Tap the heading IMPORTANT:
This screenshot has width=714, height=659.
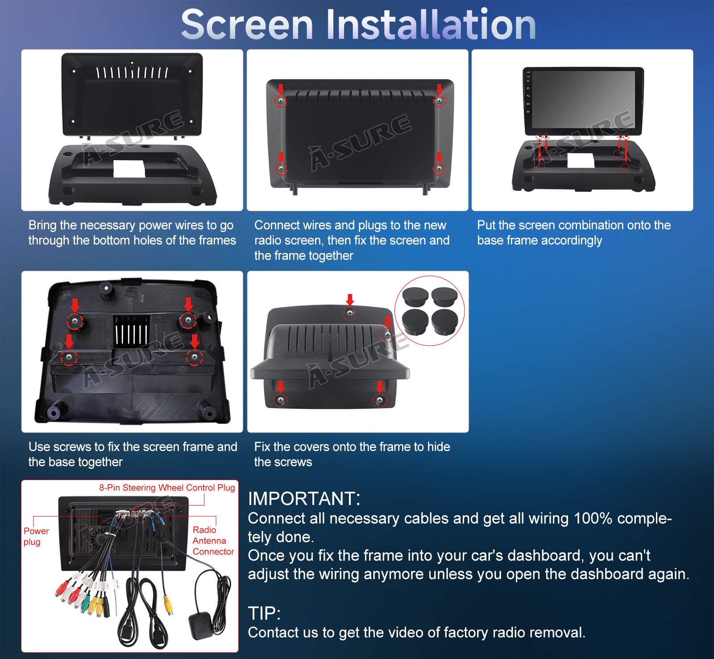304,498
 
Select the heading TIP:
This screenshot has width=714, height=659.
264,613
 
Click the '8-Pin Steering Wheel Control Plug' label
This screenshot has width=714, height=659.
167,488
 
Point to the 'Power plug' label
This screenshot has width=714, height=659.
36,536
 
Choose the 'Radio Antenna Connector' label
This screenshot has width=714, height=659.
213,541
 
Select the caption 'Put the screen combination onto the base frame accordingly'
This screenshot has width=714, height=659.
574,232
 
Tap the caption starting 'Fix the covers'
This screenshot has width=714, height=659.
352,454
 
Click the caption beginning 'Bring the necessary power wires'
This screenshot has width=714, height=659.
132,232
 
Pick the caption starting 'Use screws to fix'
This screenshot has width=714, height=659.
133,454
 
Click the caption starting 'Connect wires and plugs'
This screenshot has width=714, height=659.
352,240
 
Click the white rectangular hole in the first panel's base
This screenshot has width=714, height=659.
129,168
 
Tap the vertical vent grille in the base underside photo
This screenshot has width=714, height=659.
132,331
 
